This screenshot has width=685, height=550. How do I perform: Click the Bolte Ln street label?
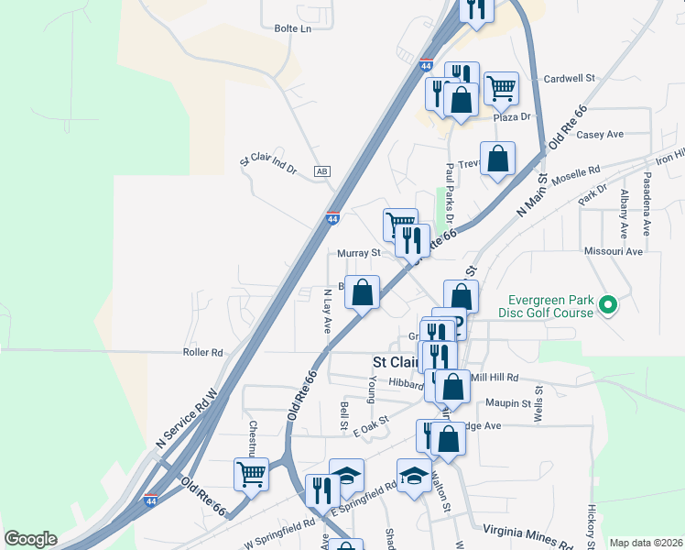[293, 28]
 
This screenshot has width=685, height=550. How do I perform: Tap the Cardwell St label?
[570, 79]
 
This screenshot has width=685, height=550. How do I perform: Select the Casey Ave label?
[601, 134]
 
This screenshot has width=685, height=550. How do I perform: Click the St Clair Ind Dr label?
[268, 163]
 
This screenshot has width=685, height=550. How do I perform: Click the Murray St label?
[358, 252]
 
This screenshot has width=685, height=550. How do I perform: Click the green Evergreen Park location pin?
[606, 305]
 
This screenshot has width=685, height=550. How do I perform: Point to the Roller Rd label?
[203, 352]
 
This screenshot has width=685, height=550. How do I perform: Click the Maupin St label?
[515, 403]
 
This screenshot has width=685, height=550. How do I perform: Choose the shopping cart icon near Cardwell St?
[501, 88]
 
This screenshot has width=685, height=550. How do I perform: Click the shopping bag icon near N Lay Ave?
[363, 292]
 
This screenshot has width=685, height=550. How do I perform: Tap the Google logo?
[30, 539]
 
